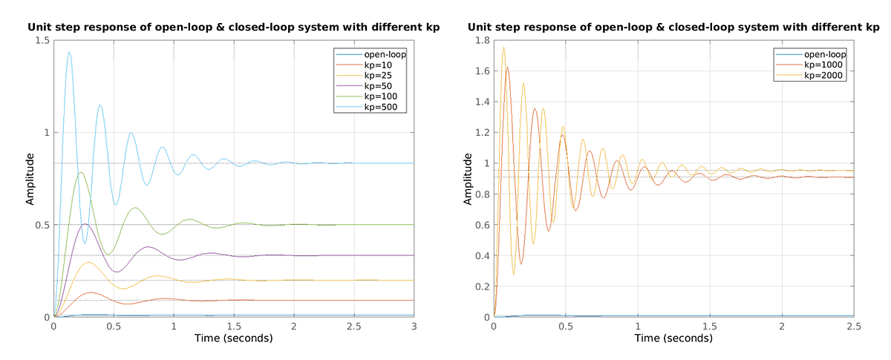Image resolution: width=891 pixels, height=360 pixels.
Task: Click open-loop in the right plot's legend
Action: (x=823, y=54)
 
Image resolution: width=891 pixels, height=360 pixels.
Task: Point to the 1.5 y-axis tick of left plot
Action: (x=42, y=40)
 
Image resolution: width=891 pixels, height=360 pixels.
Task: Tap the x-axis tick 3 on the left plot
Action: (x=414, y=325)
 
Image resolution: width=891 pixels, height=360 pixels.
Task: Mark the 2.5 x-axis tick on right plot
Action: (x=854, y=325)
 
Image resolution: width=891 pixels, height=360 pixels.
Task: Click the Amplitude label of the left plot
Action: (x=30, y=178)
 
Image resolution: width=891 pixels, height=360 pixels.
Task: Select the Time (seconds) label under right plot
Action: (x=673, y=338)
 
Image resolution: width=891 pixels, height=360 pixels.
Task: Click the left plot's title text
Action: (x=233, y=27)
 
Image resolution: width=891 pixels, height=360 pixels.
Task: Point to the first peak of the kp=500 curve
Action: (x=69, y=52)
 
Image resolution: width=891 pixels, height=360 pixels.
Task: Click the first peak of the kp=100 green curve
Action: (x=80, y=172)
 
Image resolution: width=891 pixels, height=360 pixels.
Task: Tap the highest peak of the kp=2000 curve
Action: (x=503, y=48)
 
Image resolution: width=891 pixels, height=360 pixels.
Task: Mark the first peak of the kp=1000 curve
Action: (x=508, y=67)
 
